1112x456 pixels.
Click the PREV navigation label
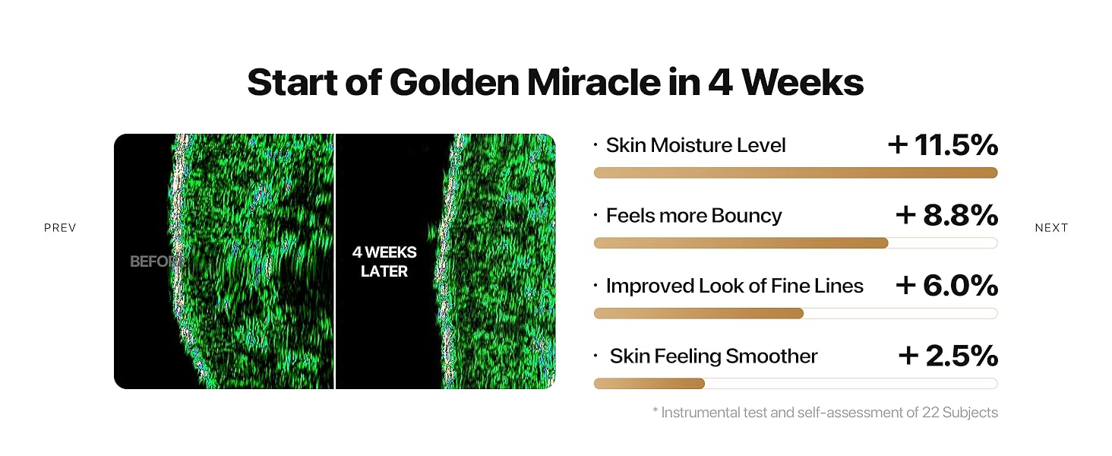60,228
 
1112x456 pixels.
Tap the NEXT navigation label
1051,228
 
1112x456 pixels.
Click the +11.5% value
943,144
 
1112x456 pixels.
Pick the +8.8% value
946,215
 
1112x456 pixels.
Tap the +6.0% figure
946,285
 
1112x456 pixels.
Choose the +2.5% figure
947,356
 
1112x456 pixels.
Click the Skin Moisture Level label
696,145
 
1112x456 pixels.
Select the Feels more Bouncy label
693,216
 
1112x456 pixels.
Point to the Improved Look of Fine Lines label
734,286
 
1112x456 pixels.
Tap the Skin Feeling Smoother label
713,356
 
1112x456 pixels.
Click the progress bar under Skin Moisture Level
795,173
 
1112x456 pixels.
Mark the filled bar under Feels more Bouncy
741,243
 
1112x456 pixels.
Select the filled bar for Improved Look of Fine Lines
698,313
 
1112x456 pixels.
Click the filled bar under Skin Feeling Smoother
649,384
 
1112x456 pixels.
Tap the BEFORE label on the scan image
157,261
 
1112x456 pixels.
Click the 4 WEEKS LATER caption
384,261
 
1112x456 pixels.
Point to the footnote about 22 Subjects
825,413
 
